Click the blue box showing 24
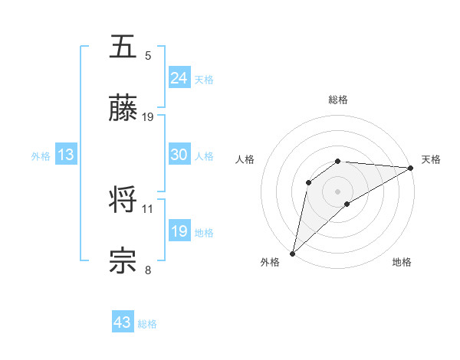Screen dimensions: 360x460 [x=179, y=78]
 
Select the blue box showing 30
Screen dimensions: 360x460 [x=179, y=155]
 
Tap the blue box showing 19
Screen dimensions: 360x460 [x=179, y=231]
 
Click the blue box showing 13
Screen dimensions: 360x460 [x=65, y=155]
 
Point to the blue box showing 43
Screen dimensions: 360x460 [x=123, y=322]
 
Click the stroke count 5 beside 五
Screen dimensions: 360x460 [x=148, y=55]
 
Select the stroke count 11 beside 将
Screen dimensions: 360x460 [x=148, y=208]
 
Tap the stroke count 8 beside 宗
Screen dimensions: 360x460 [x=148, y=270]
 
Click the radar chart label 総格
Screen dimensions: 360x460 [x=338, y=100]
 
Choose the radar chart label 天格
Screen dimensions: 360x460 [x=431, y=159]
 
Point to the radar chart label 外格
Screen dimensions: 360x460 [x=270, y=262]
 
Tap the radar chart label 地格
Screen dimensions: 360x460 [x=402, y=262]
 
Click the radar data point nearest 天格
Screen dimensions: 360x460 [x=411, y=168]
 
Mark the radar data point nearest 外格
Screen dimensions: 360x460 [x=293, y=253]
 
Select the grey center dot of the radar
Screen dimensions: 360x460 [x=338, y=191]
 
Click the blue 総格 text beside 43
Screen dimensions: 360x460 [x=147, y=324]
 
